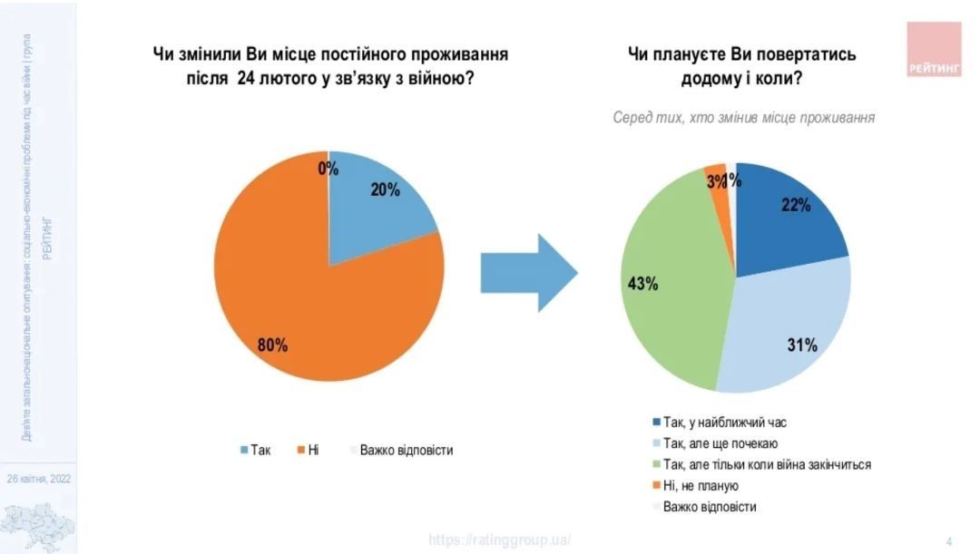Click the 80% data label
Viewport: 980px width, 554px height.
[x=272, y=345]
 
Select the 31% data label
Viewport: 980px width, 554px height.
[x=803, y=345]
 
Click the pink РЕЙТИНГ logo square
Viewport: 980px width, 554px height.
[x=934, y=49]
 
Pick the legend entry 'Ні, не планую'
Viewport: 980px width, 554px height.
[x=701, y=486]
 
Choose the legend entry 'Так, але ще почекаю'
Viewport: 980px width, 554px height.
[x=720, y=443]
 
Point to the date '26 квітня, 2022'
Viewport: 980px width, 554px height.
[x=39, y=479]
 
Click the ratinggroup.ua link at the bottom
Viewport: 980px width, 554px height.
[x=499, y=539]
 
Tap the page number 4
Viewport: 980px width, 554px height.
[x=949, y=541]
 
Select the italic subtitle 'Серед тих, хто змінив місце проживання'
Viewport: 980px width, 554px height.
[x=743, y=118]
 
